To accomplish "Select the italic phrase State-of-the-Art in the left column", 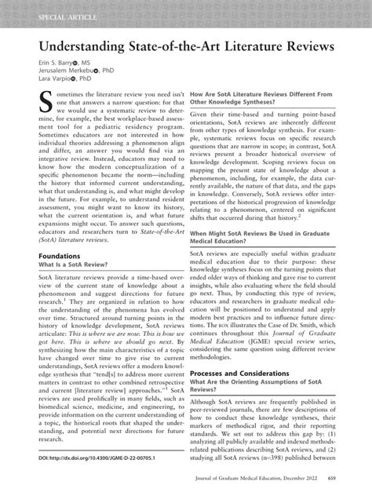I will click(153, 253).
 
